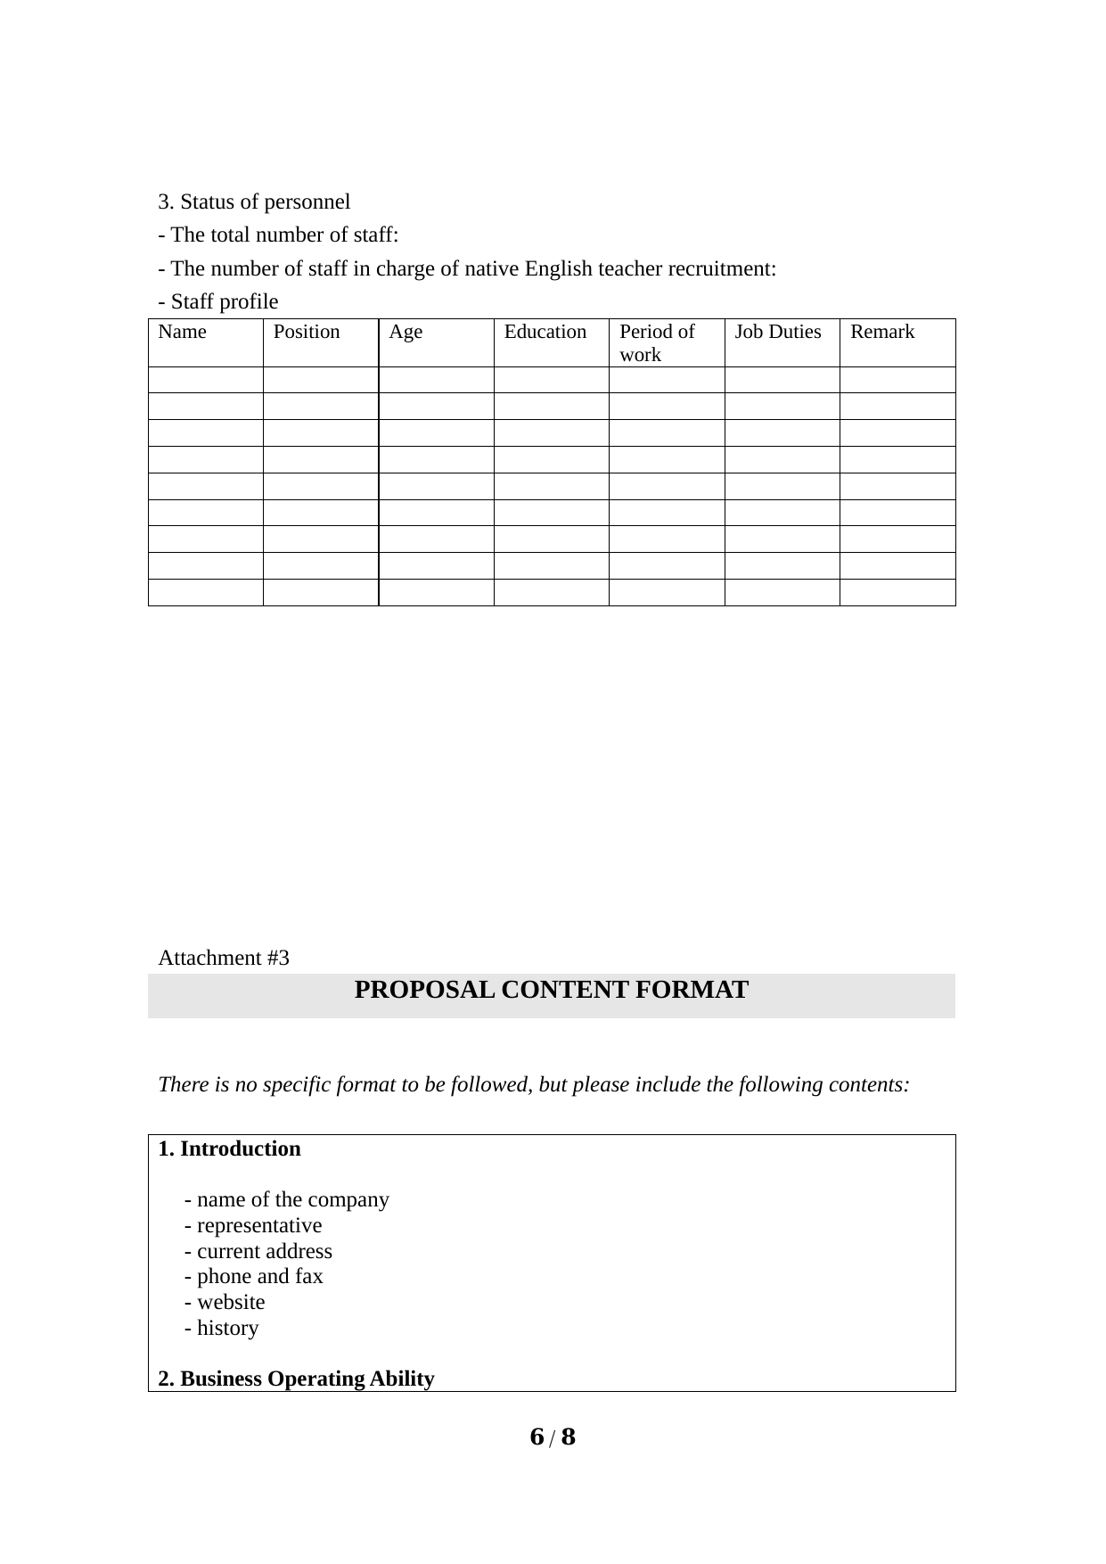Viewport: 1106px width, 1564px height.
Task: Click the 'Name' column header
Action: pyautogui.click(x=182, y=333)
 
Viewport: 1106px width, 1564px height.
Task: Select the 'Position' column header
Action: pyautogui.click(x=307, y=333)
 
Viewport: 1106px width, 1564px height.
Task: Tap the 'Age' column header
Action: pyautogui.click(x=406, y=333)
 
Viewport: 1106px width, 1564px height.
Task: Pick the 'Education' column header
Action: pyautogui.click(x=545, y=333)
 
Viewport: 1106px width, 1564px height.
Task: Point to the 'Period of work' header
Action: pyautogui.click(x=657, y=343)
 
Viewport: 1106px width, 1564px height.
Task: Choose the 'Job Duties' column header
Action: pyautogui.click(x=778, y=333)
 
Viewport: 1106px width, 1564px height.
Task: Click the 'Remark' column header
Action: pyautogui.click(x=882, y=333)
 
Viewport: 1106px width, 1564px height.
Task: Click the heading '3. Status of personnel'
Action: pyautogui.click(x=254, y=202)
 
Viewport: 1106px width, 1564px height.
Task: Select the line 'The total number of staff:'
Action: pyautogui.click(x=278, y=235)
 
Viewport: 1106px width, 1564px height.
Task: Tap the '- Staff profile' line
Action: pyautogui.click(x=218, y=302)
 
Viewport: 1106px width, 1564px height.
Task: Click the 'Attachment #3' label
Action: pyautogui.click(x=224, y=959)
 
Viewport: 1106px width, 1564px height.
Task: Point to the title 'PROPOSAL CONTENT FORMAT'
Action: pyautogui.click(x=552, y=991)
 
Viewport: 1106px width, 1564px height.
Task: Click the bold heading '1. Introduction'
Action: pyautogui.click(x=230, y=1149)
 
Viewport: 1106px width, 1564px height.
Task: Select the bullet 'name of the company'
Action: pyautogui.click(x=287, y=1200)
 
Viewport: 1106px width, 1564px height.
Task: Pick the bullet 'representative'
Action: pyautogui.click(x=253, y=1226)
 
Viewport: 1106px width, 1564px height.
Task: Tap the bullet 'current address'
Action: pyautogui.click(x=258, y=1252)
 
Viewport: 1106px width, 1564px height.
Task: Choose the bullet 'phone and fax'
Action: pyautogui.click(x=254, y=1277)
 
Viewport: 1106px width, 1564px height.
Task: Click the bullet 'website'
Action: pyautogui.click(x=225, y=1303)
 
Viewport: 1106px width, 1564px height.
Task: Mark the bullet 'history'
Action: pyautogui.click(x=222, y=1329)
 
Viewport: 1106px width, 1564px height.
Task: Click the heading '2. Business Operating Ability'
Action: pyautogui.click(x=297, y=1379)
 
